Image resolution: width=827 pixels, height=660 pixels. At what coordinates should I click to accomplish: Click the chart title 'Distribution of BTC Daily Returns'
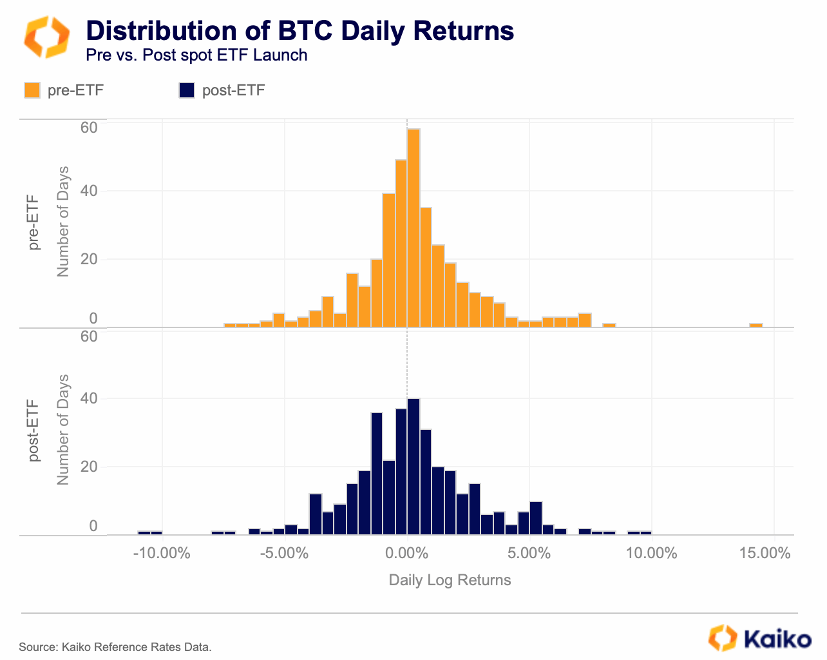coord(299,30)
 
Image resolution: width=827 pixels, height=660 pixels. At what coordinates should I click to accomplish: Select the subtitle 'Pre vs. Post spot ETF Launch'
coord(196,55)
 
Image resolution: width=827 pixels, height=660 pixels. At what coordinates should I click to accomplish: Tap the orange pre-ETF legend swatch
coord(32,90)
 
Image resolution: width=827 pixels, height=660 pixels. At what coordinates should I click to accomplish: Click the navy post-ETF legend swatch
coord(186,90)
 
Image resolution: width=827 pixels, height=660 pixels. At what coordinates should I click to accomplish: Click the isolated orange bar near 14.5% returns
coord(756,325)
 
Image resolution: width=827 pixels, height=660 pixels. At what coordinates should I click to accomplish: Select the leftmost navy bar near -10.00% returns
coord(144,533)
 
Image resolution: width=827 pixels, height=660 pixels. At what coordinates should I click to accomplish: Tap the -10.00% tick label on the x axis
coord(162,553)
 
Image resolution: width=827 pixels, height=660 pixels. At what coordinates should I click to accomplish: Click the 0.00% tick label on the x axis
coord(406,553)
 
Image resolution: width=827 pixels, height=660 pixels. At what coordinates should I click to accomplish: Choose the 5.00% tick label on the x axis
coord(529,553)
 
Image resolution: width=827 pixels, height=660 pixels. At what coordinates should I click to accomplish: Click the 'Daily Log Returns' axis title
coord(450,580)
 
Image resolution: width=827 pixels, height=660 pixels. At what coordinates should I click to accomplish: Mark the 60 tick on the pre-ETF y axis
coord(89,128)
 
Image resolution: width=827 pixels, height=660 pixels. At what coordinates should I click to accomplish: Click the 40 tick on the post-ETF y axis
coord(89,398)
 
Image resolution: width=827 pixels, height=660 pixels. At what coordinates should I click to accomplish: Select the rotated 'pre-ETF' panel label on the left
coord(33,223)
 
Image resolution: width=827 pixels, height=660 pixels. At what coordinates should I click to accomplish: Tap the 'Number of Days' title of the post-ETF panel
coord(62,429)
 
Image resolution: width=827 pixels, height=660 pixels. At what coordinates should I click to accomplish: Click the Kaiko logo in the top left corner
coord(46,37)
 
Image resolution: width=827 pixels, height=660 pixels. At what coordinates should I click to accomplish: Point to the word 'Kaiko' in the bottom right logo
coord(777,639)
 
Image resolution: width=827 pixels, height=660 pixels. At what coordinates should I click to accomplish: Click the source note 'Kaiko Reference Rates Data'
coord(136,646)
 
